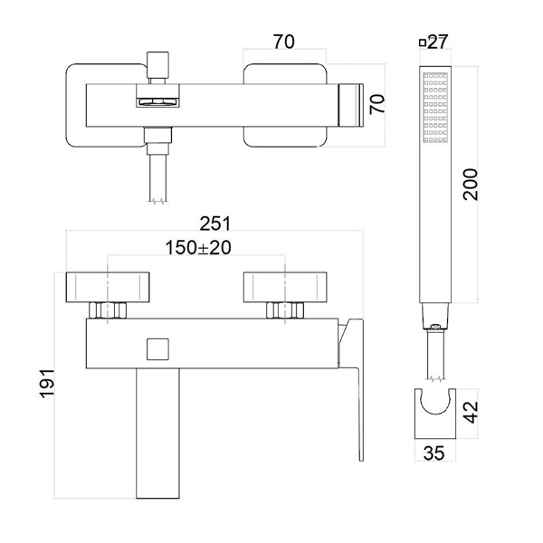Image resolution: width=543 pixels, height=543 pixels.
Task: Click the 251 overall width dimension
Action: click(x=215, y=224)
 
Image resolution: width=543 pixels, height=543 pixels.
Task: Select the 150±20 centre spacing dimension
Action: click(x=198, y=248)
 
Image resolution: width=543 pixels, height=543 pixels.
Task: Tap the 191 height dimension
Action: click(x=47, y=384)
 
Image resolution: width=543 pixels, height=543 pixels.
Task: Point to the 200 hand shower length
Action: click(x=471, y=185)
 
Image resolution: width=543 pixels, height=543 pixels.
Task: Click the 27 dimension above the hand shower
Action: click(x=438, y=42)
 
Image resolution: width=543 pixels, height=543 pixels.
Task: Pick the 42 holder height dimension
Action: click(x=471, y=412)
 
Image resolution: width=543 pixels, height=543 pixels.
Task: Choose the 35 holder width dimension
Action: click(x=433, y=453)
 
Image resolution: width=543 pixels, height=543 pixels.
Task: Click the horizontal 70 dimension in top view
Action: click(x=284, y=42)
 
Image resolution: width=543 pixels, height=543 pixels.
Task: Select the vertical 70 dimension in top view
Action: click(x=377, y=104)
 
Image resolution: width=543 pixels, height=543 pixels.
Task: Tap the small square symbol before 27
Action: click(x=423, y=43)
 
